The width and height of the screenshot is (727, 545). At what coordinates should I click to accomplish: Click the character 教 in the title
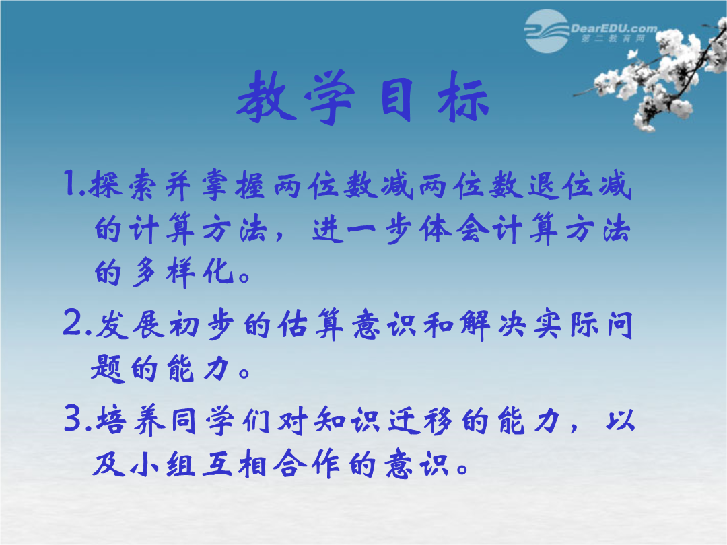[x=267, y=98]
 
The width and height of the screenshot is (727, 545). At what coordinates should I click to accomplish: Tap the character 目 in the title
[x=397, y=99]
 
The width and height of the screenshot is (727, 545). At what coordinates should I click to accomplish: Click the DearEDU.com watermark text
[x=613, y=28]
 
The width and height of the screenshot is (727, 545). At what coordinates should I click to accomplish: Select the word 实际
[x=565, y=325]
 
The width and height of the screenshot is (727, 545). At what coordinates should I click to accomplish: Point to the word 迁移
[x=420, y=421]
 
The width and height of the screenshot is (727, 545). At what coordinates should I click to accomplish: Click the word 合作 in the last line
[x=306, y=464]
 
